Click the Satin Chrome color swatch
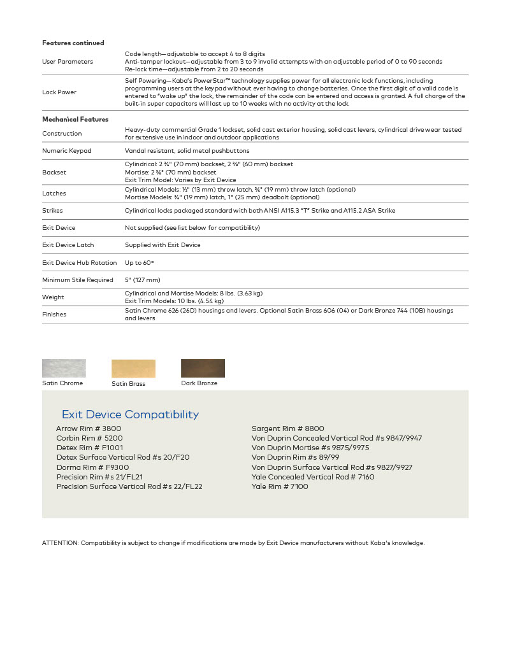[64, 369]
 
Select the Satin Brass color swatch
[133, 369]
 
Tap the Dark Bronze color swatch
[203, 368]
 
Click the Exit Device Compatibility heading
[130, 415]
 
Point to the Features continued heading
[73, 43]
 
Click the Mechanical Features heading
[75, 119]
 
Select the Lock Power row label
[59, 92]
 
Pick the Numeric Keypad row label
[67, 151]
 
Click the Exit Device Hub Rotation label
[80, 262]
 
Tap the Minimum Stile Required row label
[78, 280]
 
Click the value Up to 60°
[140, 262]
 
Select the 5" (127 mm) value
[143, 280]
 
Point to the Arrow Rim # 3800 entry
[89, 429]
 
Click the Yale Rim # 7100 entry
[280, 486]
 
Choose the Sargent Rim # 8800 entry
[288, 429]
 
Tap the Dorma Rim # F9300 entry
[92, 467]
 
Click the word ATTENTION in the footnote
[60, 543]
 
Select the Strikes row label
[52, 211]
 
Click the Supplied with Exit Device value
[163, 245]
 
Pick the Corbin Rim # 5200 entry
[89, 438]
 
